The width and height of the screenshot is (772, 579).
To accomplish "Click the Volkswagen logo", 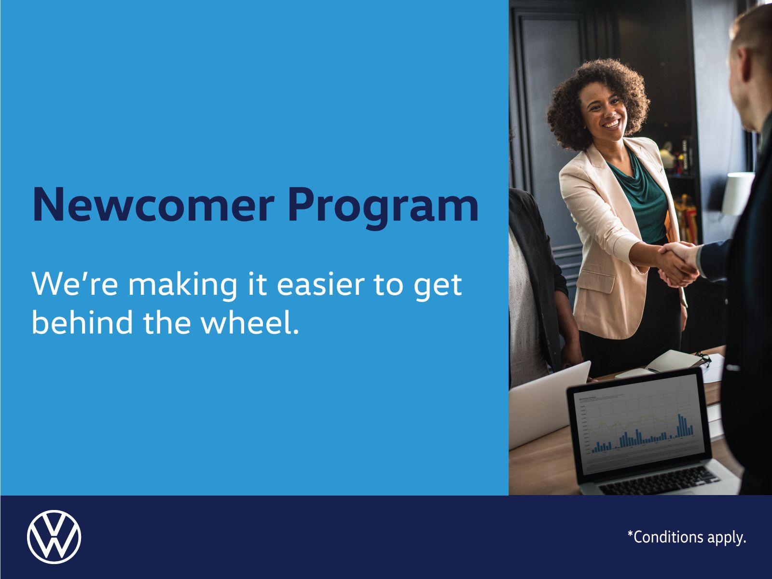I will point(54,537).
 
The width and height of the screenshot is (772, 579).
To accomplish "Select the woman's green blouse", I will point(639,193).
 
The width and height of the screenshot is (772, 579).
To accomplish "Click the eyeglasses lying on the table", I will point(702,358).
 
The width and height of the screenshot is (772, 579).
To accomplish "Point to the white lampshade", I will point(737,193).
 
